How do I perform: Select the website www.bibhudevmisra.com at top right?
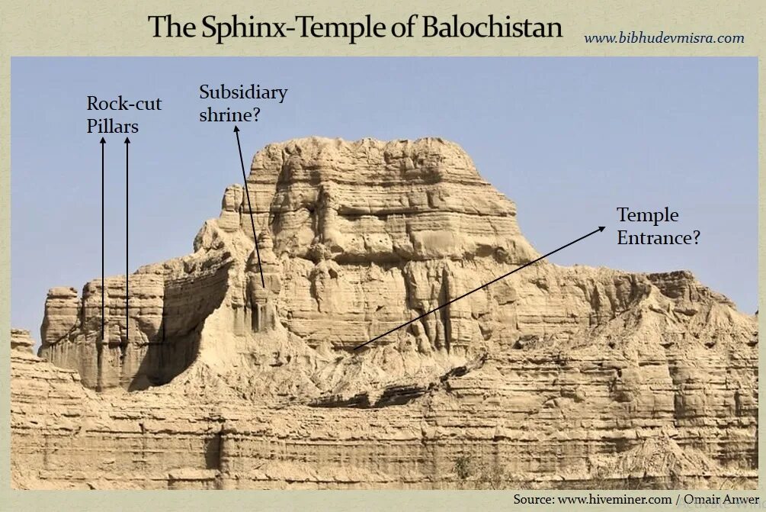(664, 37)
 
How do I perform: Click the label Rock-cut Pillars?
(123, 114)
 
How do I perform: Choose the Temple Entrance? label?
(659, 226)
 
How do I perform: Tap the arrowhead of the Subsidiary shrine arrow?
(236, 130)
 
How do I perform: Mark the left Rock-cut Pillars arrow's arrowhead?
(103, 143)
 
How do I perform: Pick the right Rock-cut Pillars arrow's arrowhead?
(127, 143)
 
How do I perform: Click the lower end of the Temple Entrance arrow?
(355, 349)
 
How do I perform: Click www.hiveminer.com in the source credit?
(615, 499)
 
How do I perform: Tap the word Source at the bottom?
(533, 499)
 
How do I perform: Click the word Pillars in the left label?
(112, 126)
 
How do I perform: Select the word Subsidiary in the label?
(243, 92)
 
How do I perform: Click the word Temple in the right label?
(648, 214)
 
